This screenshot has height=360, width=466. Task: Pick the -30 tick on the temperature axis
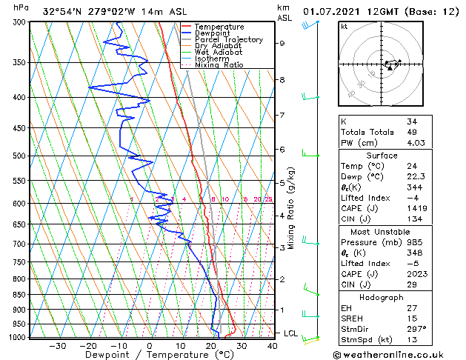pyautogui.click(x=57, y=345)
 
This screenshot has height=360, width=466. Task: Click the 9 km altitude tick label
pyautogui.click(x=282, y=43)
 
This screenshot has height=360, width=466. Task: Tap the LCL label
pyautogui.click(x=290, y=333)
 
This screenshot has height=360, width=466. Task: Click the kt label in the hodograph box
pyautogui.click(x=344, y=26)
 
